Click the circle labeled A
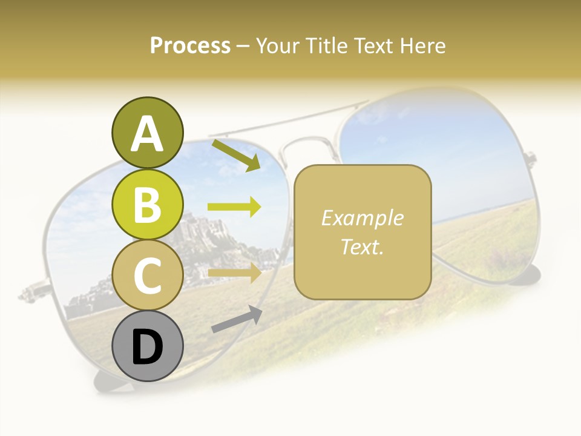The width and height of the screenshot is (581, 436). [147, 133]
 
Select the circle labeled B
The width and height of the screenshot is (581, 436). [147, 204]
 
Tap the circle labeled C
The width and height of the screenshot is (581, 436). [147, 275]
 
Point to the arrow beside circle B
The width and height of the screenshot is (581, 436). [234, 207]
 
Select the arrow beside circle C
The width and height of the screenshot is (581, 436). [234, 272]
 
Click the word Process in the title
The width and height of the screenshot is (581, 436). [190, 45]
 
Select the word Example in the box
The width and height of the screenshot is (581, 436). [362, 218]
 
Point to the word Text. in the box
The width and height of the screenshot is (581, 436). [362, 246]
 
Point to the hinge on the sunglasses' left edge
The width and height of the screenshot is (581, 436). [30, 293]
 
